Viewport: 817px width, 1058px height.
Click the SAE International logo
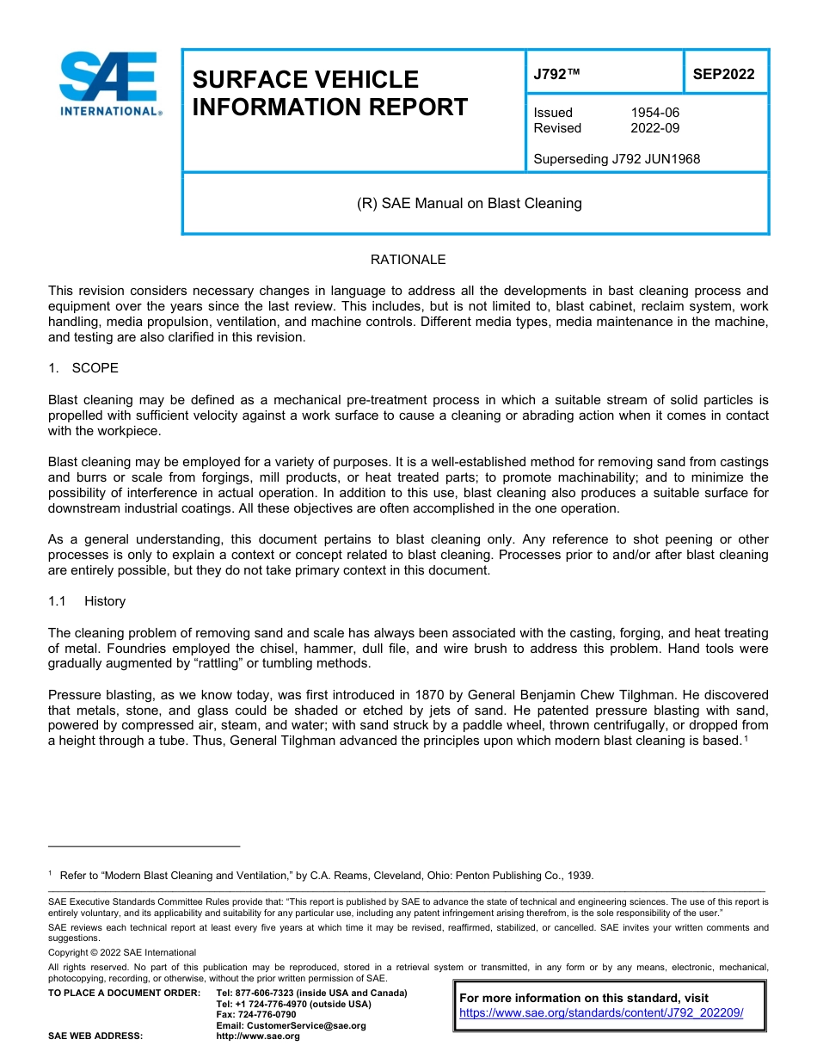(109, 83)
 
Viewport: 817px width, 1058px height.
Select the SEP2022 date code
(723, 74)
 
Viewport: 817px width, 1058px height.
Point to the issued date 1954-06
(655, 113)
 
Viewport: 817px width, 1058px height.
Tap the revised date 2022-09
(655, 128)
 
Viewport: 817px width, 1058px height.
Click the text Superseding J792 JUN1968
(617, 159)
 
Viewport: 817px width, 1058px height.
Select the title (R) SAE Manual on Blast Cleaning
(469, 204)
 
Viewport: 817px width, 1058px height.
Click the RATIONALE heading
(408, 260)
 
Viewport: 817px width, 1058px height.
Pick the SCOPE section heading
(95, 368)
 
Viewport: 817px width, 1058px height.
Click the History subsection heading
(105, 601)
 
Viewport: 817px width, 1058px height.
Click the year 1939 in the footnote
(579, 876)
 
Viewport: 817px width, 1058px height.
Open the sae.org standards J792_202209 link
(601, 1013)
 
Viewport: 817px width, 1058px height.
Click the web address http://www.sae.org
(258, 1036)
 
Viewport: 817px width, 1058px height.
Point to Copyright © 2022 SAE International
(122, 952)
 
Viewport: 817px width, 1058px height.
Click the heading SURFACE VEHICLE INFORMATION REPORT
(330, 94)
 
